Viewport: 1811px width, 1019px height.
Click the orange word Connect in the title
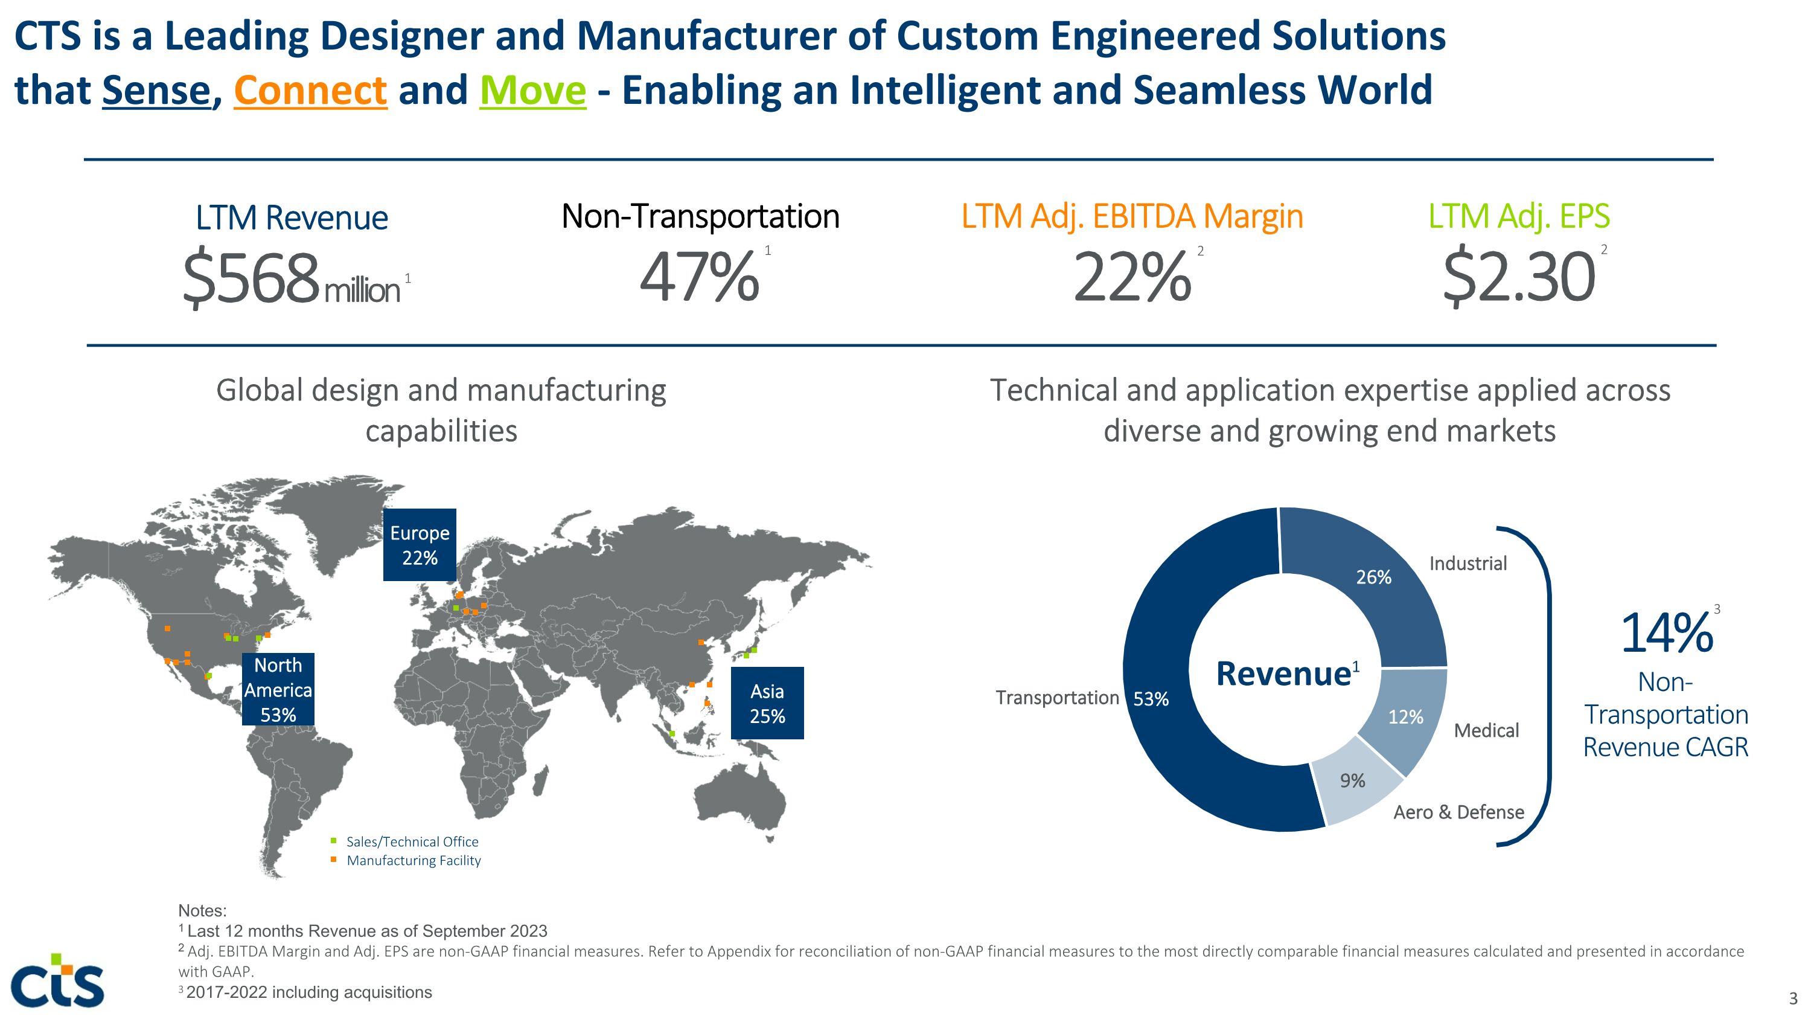point(310,91)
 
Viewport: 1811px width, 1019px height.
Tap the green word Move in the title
point(532,91)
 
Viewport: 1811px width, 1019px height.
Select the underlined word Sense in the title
point(156,91)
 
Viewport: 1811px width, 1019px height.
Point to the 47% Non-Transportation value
point(699,278)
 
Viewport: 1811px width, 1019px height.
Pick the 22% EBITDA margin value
point(1132,278)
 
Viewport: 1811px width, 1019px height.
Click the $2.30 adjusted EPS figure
point(1519,278)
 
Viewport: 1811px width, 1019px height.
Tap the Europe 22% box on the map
point(420,545)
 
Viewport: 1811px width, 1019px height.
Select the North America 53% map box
point(278,689)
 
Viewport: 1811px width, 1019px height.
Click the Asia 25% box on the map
point(767,703)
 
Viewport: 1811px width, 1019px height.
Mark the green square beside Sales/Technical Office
point(334,840)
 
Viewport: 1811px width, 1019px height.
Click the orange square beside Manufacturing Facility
point(334,860)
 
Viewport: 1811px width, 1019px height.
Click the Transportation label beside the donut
point(1056,698)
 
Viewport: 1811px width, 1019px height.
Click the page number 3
point(1793,998)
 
